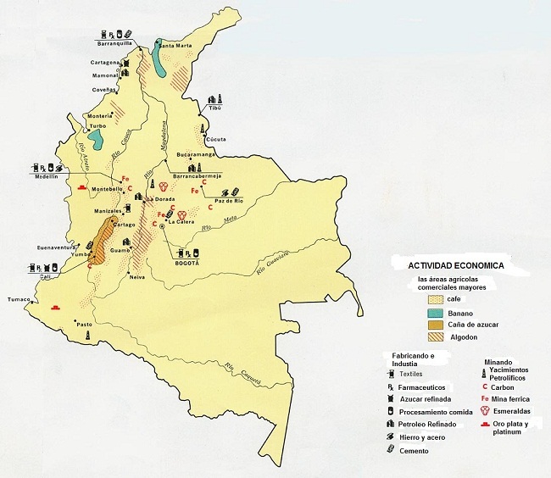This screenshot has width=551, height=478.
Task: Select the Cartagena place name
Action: [x=109, y=63]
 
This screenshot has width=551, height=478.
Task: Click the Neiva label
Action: [x=138, y=276]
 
